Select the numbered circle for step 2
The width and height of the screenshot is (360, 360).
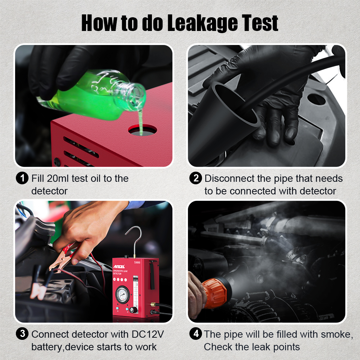[195, 178]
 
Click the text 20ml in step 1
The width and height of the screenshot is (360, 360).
[57, 178]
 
